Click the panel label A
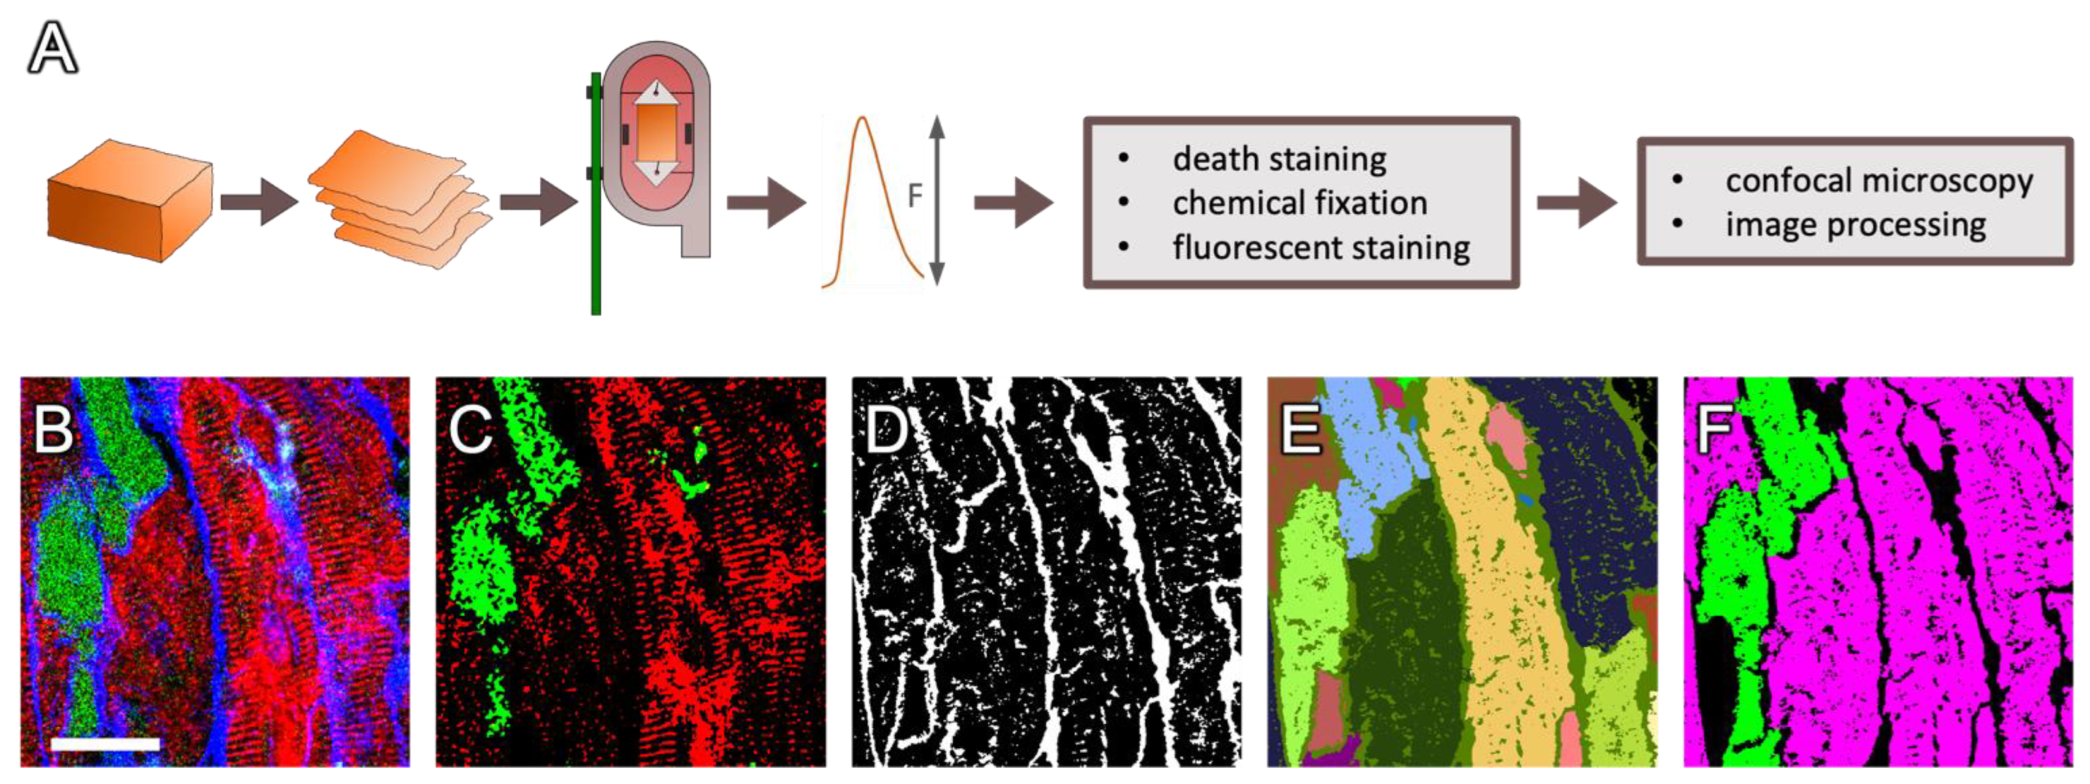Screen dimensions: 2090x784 pos(53,48)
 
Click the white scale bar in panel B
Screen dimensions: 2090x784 pos(106,744)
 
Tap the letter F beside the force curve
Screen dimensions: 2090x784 pos(914,195)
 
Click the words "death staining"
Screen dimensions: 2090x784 pos(1279,159)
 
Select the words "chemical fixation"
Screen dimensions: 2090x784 pos(1300,203)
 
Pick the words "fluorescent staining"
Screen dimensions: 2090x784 pos(1321,247)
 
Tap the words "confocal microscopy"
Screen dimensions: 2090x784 pos(1879,181)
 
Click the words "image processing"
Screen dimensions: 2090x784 pos(1856,225)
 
